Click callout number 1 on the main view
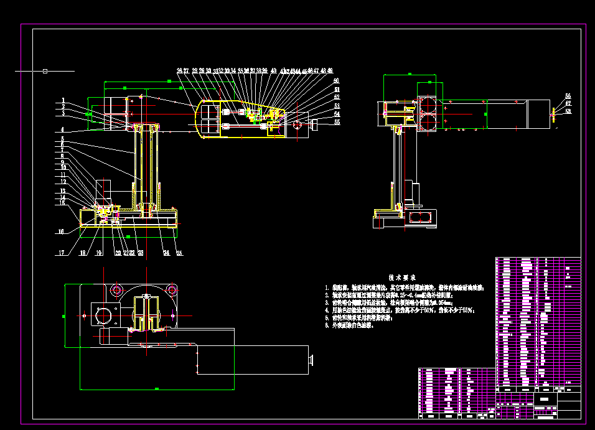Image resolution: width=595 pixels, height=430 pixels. (63, 100)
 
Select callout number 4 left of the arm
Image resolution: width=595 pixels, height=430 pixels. (63, 129)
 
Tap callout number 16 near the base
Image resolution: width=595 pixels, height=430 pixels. (61, 231)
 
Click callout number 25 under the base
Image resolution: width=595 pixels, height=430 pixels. (179, 253)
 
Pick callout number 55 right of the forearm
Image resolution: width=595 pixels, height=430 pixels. (337, 123)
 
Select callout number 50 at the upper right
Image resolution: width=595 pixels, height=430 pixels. (337, 81)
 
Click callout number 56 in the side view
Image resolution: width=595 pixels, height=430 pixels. (568, 96)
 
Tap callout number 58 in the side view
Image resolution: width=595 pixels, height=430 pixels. (568, 111)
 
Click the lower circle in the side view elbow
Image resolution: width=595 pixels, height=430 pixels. (428, 122)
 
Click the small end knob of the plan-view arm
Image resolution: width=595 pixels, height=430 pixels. (311, 359)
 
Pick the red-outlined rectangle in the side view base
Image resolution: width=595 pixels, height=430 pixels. (421, 216)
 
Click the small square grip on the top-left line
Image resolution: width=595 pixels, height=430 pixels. (45, 71)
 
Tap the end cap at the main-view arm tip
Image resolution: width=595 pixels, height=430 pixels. (314, 124)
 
